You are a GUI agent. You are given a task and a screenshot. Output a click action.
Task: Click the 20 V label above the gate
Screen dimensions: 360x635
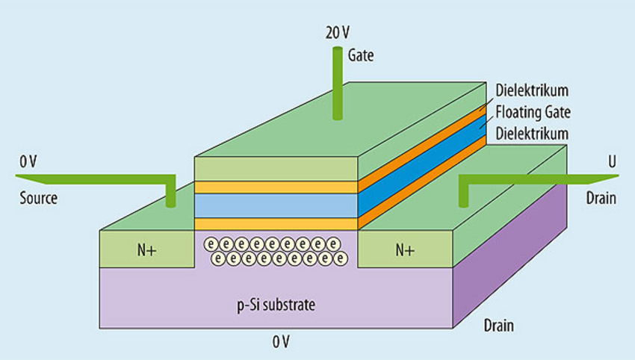(336, 34)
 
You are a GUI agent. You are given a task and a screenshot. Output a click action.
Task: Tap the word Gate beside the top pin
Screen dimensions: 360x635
(361, 55)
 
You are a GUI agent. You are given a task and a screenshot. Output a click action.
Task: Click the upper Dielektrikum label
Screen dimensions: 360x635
(532, 90)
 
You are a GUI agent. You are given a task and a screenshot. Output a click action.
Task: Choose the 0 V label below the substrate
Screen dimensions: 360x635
(280, 342)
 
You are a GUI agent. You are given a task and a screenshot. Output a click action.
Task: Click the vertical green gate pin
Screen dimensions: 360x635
(337, 82)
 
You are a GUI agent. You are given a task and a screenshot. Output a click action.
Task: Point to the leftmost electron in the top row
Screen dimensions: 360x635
(211, 244)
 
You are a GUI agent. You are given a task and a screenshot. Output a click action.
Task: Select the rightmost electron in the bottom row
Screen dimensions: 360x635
(341, 258)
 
